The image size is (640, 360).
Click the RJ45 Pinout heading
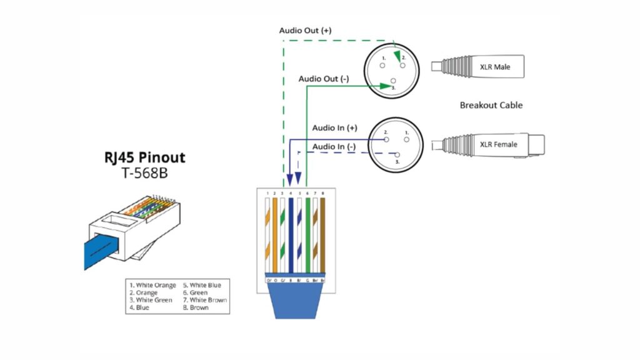point(144,157)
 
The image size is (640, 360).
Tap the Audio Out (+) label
point(305,31)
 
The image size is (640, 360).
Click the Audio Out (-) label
point(323,79)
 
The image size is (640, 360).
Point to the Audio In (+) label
point(334,127)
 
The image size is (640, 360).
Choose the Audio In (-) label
point(334,146)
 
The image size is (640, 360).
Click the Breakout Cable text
point(491,105)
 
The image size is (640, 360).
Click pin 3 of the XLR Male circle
point(393,81)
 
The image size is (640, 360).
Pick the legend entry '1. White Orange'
point(152,285)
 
